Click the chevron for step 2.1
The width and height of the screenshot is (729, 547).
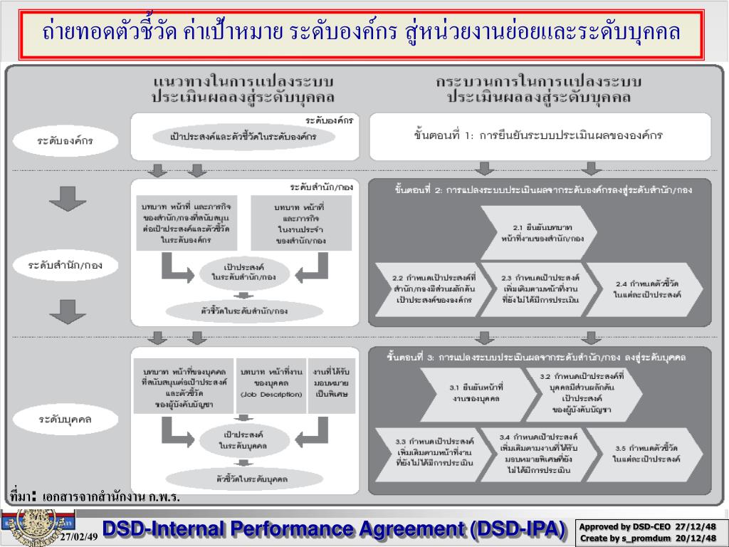pos(542,233)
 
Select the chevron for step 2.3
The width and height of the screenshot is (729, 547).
pos(540,289)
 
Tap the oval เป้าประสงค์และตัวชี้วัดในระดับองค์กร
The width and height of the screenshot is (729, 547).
pos(243,136)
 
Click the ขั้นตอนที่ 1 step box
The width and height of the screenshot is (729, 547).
pos(540,135)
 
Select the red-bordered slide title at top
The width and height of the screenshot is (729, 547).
pos(362,33)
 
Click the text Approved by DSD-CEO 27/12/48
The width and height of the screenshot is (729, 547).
pos(647,526)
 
